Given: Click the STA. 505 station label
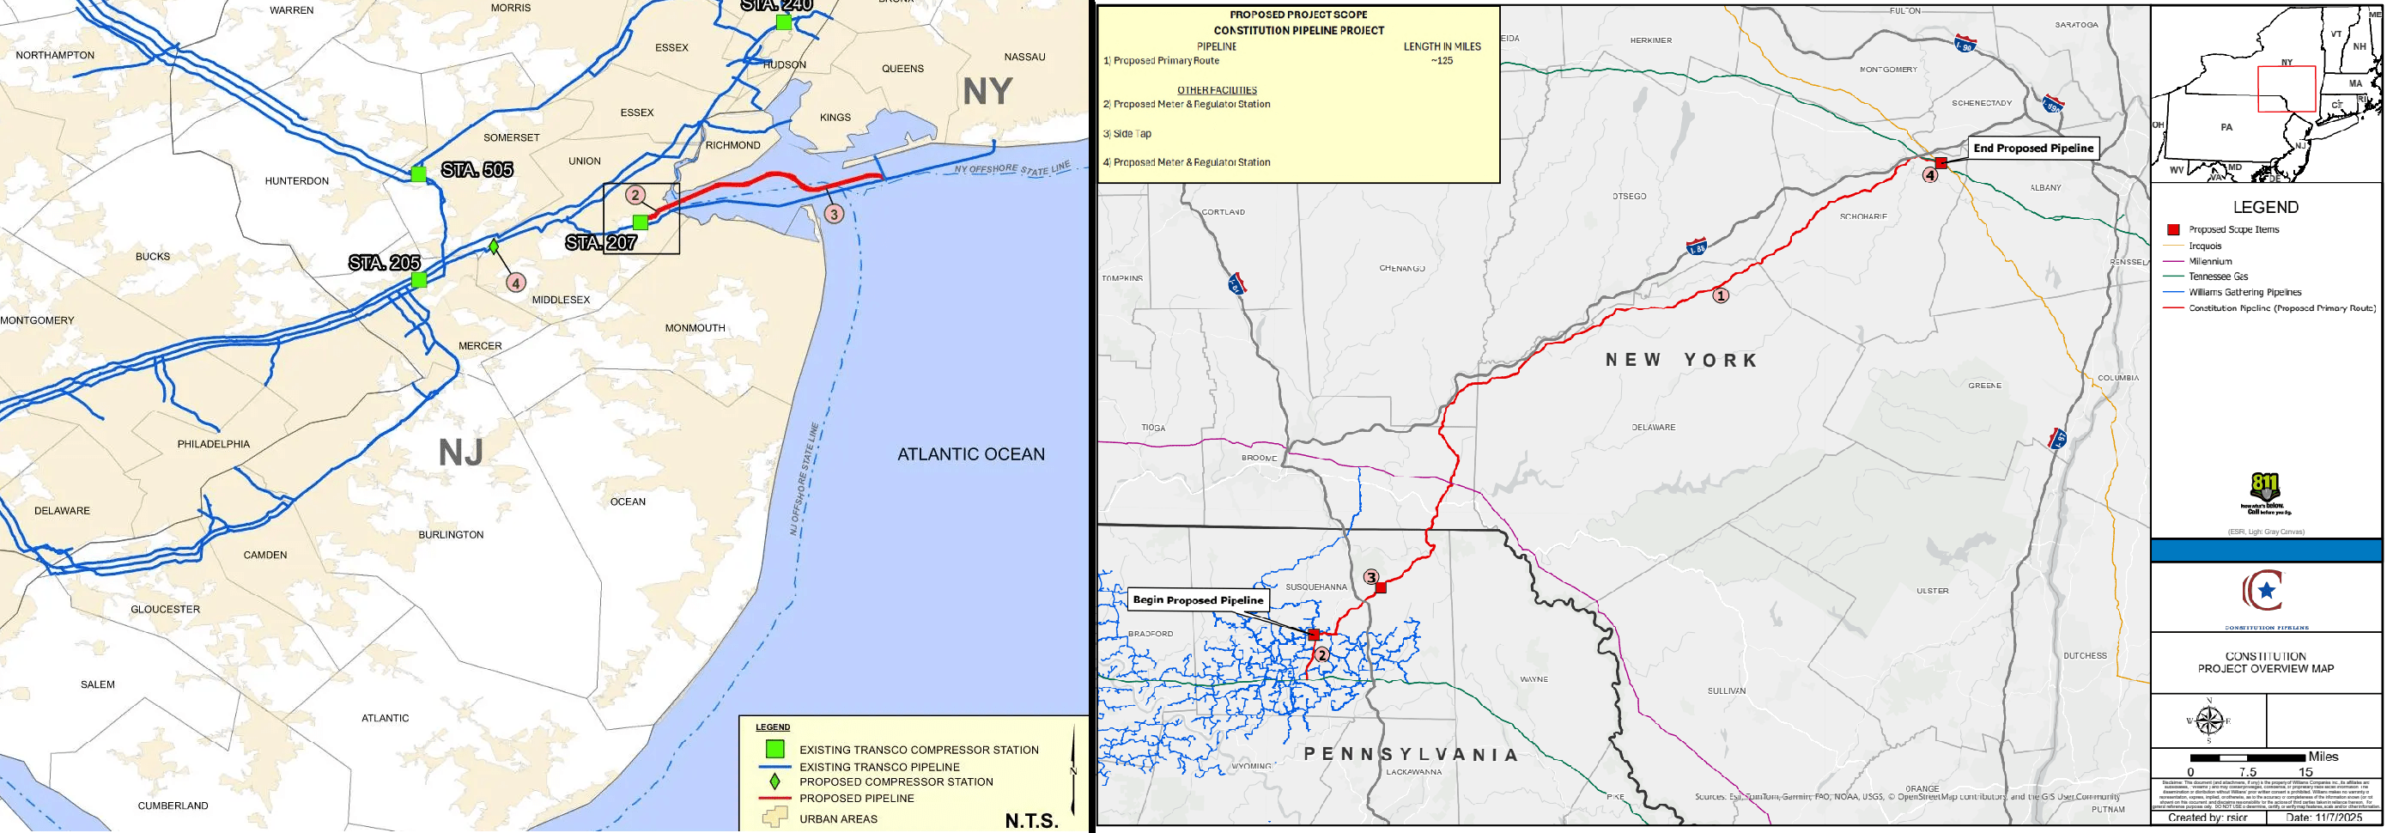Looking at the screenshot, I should pyautogui.click(x=477, y=169).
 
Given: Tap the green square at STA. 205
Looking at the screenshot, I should pyautogui.click(x=419, y=279).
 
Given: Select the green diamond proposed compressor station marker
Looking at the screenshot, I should pyautogui.click(x=494, y=246).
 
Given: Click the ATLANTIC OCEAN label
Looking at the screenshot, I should pyautogui.click(x=970, y=454).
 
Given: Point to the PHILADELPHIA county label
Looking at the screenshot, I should pyautogui.click(x=213, y=444).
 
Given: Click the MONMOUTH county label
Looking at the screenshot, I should pyautogui.click(x=694, y=328).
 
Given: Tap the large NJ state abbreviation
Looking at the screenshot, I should pyautogui.click(x=460, y=453).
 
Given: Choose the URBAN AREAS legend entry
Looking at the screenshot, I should pyautogui.click(x=838, y=818).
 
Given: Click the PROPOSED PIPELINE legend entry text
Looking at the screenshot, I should pyautogui.click(x=856, y=798).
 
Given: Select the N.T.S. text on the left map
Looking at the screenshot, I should pyautogui.click(x=1030, y=820).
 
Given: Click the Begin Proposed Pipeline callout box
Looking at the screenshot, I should pyautogui.click(x=1197, y=599).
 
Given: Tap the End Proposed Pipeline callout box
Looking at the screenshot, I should pyautogui.click(x=2032, y=149).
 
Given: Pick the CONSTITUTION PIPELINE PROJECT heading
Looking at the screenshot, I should pyautogui.click(x=1298, y=31).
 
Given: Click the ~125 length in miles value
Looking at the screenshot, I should pyautogui.click(x=1441, y=61).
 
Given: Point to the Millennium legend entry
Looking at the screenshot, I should pyautogui.click(x=2210, y=261).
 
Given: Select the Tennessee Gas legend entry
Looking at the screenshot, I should pyautogui.click(x=2218, y=277).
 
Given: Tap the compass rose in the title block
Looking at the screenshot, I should pyautogui.click(x=2208, y=721).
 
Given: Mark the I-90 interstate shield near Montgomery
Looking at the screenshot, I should pyautogui.click(x=1965, y=44).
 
